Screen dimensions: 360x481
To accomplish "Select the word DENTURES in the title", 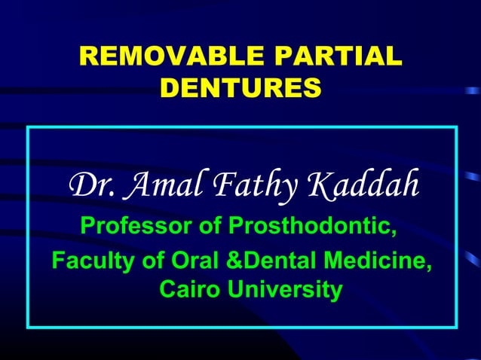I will pos(240,89).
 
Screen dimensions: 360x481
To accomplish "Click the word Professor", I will pos(139,225).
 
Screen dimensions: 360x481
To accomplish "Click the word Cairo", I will pos(188,289).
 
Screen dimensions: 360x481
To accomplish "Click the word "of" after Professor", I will pos(213,225).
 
